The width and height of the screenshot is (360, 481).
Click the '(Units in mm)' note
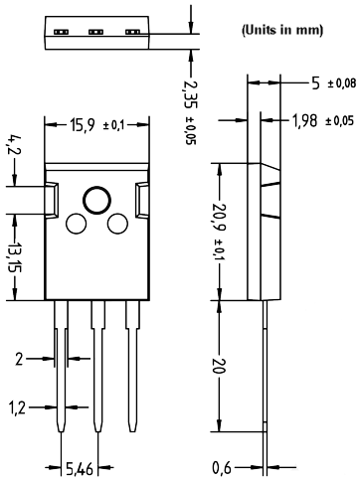click(x=282, y=31)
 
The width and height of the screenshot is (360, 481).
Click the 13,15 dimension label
click(x=14, y=257)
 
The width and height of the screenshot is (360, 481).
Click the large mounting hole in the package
click(x=96, y=200)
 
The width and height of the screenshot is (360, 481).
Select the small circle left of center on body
click(x=76, y=225)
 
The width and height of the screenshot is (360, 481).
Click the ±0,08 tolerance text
click(x=340, y=82)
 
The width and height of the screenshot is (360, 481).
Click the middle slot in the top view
click(x=96, y=32)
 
